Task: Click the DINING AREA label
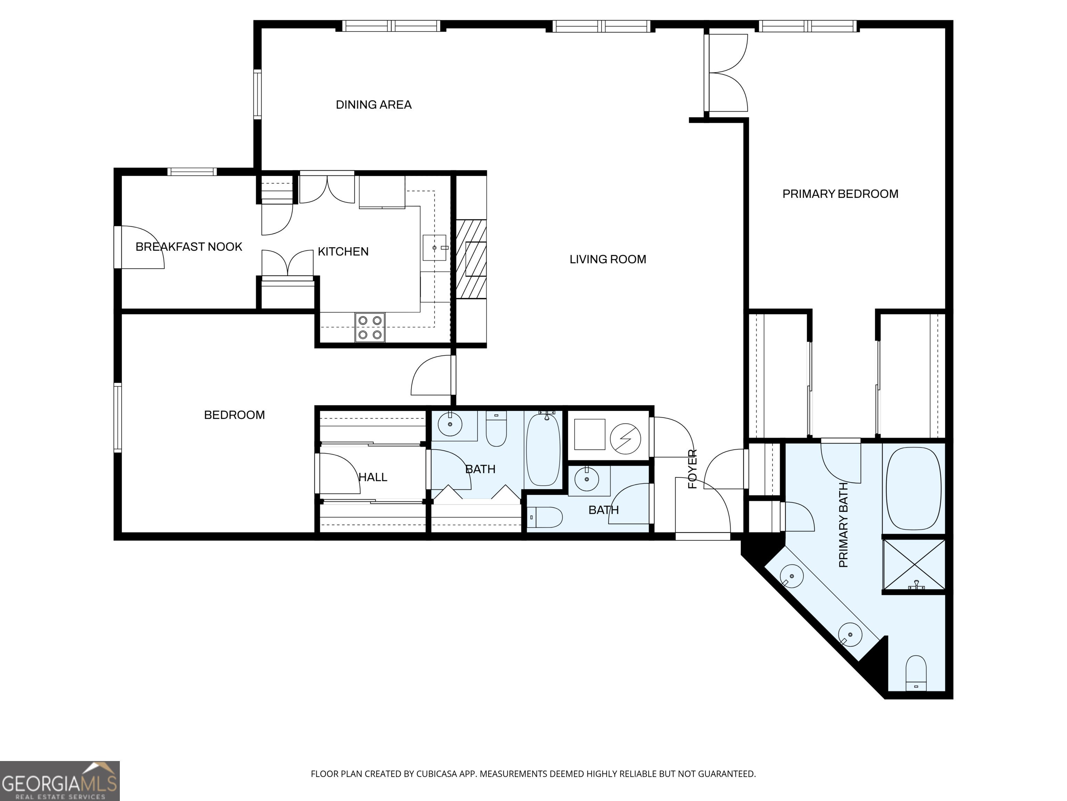coord(373,105)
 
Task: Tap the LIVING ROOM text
coord(608,259)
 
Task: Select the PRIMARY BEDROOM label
coord(840,194)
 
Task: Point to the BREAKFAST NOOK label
coord(189,247)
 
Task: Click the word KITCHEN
coord(343,252)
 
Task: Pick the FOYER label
coord(692,469)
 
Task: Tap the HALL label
coord(373,477)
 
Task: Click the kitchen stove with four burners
coord(370,327)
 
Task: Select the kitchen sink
coord(435,248)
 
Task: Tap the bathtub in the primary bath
coord(913,488)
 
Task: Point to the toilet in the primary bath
coord(916,673)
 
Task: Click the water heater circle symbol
coord(625,439)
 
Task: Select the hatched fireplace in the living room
coord(471,259)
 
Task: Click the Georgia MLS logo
coord(60,781)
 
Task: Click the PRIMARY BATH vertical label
coord(843,525)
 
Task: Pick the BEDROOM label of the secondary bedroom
coord(234,415)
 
